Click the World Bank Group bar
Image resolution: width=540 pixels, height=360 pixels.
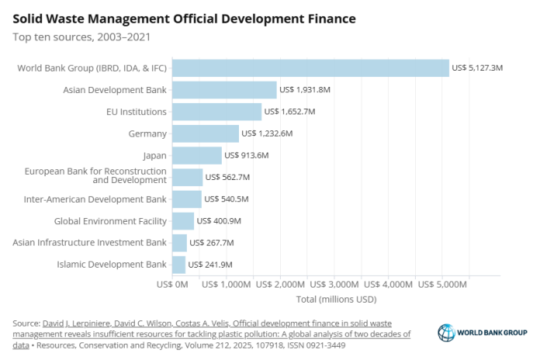(x=310, y=68)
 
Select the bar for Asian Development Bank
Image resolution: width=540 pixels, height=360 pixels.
(x=223, y=90)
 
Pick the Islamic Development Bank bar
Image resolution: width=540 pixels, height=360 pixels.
(x=178, y=265)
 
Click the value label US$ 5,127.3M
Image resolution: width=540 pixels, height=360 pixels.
(x=478, y=68)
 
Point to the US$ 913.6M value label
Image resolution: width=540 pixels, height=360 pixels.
(x=246, y=155)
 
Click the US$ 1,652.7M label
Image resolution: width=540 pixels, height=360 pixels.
(x=289, y=112)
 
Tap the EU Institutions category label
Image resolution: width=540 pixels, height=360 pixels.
(x=137, y=112)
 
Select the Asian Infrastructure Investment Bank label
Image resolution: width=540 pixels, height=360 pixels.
(x=90, y=243)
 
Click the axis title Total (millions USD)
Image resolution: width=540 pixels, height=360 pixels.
(x=336, y=299)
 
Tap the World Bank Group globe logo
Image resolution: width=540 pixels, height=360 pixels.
(x=446, y=333)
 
